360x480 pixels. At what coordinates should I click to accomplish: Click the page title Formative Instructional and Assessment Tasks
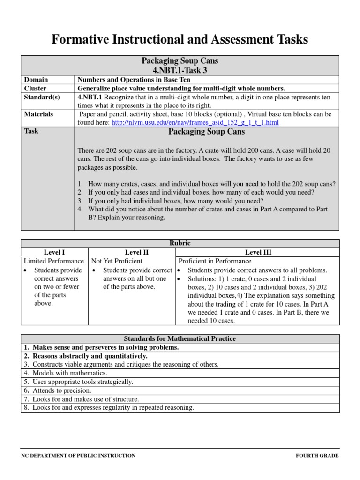180,40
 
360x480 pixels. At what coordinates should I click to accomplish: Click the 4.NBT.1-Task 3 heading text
180,70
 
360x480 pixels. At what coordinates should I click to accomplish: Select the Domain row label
36,80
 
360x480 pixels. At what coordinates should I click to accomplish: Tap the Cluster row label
35,88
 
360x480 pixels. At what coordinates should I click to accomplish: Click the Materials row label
38,114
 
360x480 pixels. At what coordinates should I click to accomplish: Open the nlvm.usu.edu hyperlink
195,122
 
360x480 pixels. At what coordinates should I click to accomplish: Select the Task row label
31,131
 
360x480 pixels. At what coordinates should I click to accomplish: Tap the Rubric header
180,243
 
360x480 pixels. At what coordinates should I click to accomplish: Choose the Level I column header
54,252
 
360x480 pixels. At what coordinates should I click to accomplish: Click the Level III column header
258,252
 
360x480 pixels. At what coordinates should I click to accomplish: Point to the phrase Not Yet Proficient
117,261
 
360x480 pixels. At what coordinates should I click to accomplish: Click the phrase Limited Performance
54,261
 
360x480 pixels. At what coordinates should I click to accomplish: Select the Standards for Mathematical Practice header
180,338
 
